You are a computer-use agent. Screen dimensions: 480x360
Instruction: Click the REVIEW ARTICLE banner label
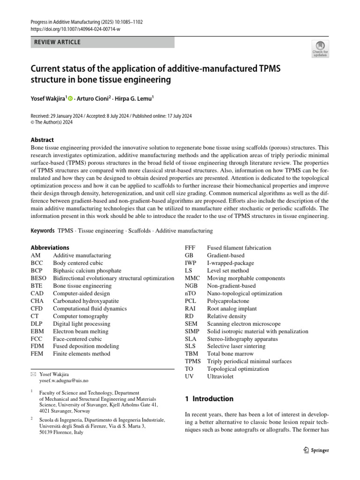pos(57,42)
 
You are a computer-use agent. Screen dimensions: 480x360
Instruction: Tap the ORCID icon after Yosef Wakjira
pos(70,98)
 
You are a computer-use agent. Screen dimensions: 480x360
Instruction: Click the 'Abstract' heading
pos(42,140)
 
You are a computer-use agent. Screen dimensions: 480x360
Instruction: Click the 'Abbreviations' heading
pos(50,247)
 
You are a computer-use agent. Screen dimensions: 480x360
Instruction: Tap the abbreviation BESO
pos(38,278)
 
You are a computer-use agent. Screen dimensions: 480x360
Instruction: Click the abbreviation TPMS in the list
pos(193,361)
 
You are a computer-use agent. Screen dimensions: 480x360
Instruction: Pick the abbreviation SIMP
pos(192,331)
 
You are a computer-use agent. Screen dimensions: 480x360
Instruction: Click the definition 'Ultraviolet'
pos(220,376)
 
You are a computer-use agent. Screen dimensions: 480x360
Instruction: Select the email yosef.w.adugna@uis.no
pos(63,381)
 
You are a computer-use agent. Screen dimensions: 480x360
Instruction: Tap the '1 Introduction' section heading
pos(209,399)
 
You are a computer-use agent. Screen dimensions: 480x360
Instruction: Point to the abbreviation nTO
pos(190,293)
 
